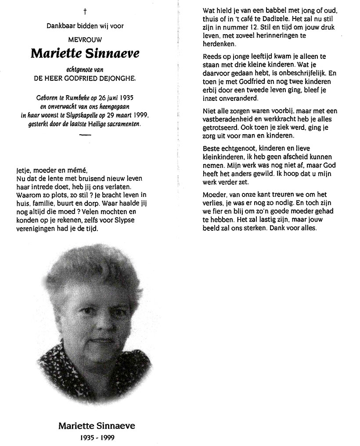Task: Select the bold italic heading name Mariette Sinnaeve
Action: (x=85, y=54)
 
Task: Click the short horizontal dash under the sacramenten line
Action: (x=85, y=136)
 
